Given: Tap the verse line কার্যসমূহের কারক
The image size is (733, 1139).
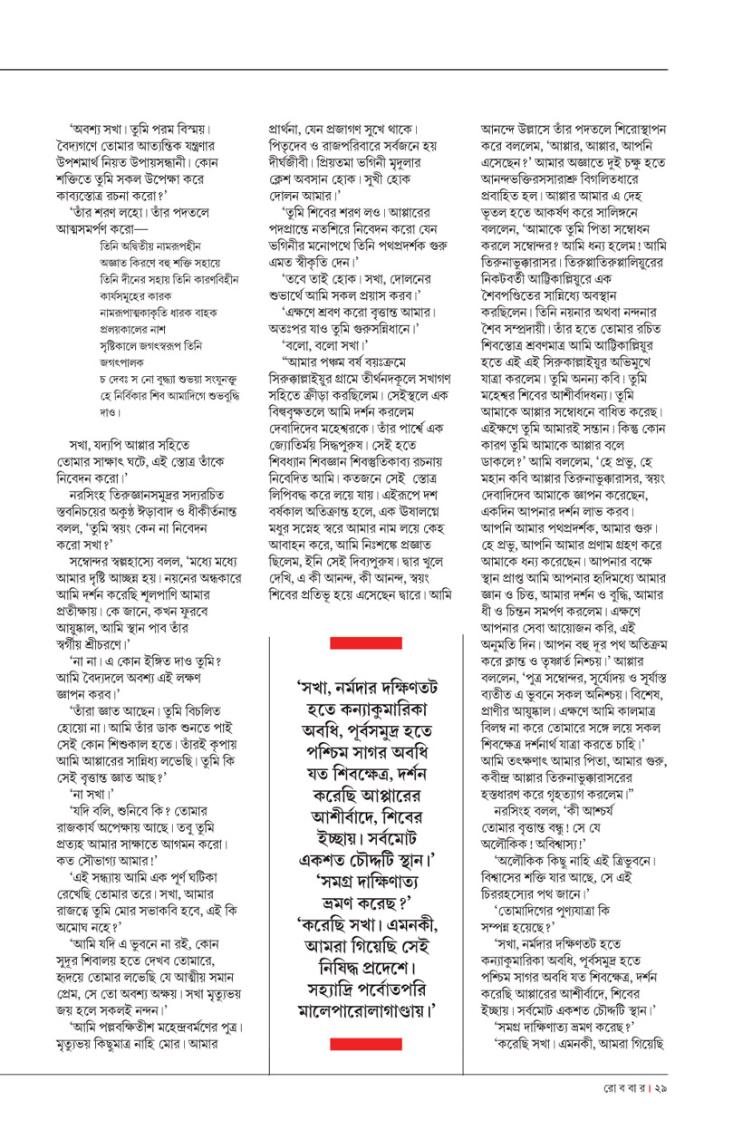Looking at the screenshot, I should coord(137,292).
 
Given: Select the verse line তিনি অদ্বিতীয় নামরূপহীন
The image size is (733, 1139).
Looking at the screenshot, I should coord(149,246).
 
